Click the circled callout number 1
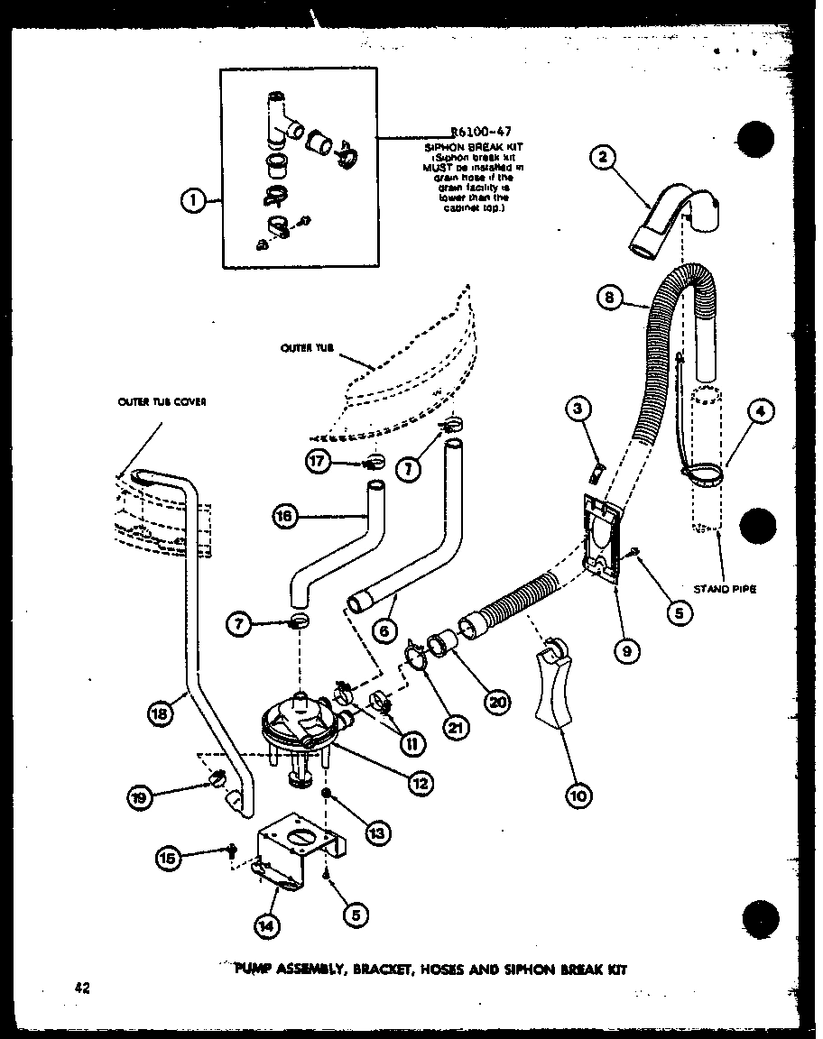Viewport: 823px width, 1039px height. click(192, 201)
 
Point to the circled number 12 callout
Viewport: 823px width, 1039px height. click(418, 784)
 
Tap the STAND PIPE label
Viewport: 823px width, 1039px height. click(725, 589)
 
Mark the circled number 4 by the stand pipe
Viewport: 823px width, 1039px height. click(761, 411)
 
